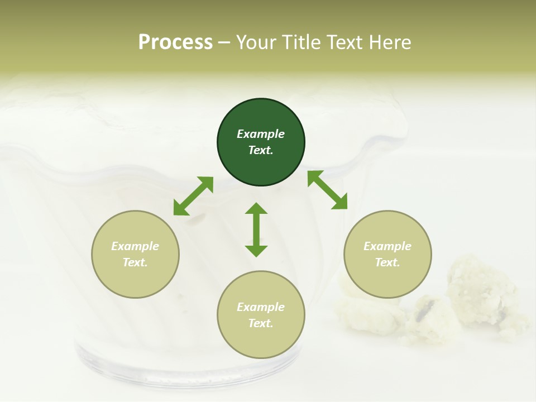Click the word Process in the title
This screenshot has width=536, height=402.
pyautogui.click(x=175, y=42)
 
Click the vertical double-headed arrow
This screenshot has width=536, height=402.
pyautogui.click(x=256, y=229)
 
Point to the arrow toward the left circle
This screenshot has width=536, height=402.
pyautogui.click(x=193, y=196)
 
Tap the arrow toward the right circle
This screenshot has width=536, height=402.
pyautogui.click(x=327, y=190)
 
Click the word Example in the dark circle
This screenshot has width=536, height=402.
pyautogui.click(x=261, y=134)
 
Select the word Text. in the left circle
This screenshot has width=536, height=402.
pyautogui.click(x=135, y=262)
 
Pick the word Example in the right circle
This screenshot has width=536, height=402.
pyautogui.click(x=387, y=246)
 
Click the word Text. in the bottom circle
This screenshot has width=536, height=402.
pyautogui.click(x=261, y=323)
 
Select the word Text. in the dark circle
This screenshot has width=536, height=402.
pyautogui.click(x=261, y=150)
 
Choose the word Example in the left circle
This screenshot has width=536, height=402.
pyautogui.click(x=135, y=246)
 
